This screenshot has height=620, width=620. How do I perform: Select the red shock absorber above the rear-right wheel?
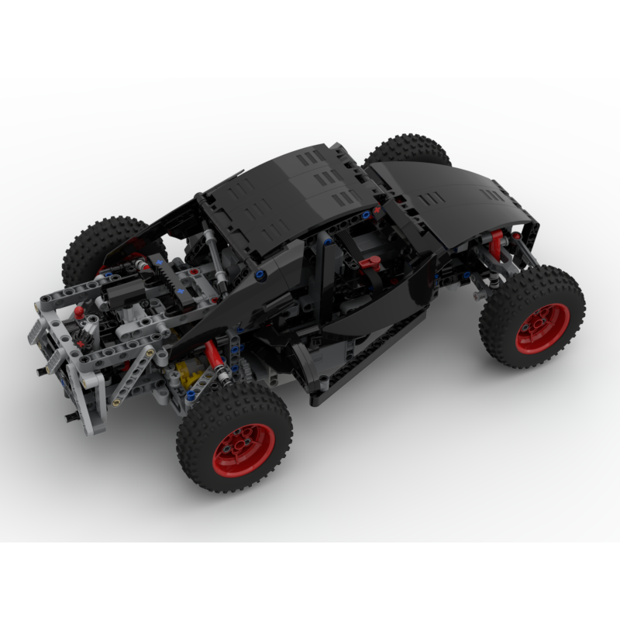pos(212,360)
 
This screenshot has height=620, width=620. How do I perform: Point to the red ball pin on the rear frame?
pos(80,312)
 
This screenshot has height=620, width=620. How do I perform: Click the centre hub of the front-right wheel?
pos(542,318)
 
